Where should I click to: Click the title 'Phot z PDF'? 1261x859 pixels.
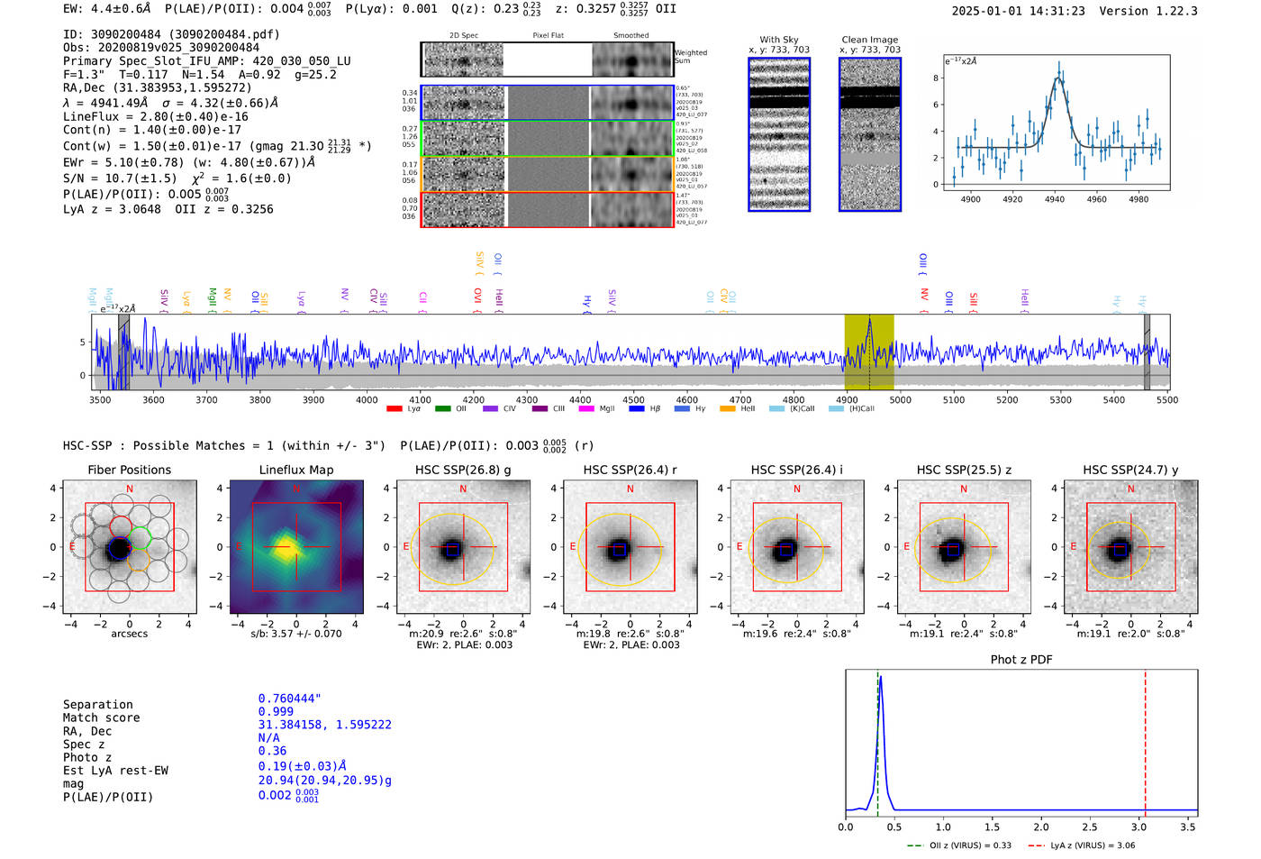(1021, 660)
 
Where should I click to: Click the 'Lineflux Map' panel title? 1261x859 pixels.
(296, 470)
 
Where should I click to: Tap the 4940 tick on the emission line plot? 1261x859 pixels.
(1055, 199)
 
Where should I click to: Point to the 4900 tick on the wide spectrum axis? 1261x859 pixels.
(847, 400)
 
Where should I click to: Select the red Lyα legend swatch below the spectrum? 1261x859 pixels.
(395, 409)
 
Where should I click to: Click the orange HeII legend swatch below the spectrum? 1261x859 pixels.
(728, 409)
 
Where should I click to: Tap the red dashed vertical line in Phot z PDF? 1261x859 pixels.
(1145, 739)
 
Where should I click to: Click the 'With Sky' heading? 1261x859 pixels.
(779, 40)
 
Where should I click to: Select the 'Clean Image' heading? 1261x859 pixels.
(869, 40)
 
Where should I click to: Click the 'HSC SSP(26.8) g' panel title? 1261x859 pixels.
(463, 470)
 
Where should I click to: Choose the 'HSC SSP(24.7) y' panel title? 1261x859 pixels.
(1130, 470)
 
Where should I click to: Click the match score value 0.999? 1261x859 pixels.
(276, 712)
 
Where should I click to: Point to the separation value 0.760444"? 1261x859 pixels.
(289, 699)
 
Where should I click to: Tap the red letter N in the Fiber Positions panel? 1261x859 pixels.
(130, 489)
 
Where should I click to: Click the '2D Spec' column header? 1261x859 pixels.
(464, 36)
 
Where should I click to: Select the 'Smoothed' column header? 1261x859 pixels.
(630, 36)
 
